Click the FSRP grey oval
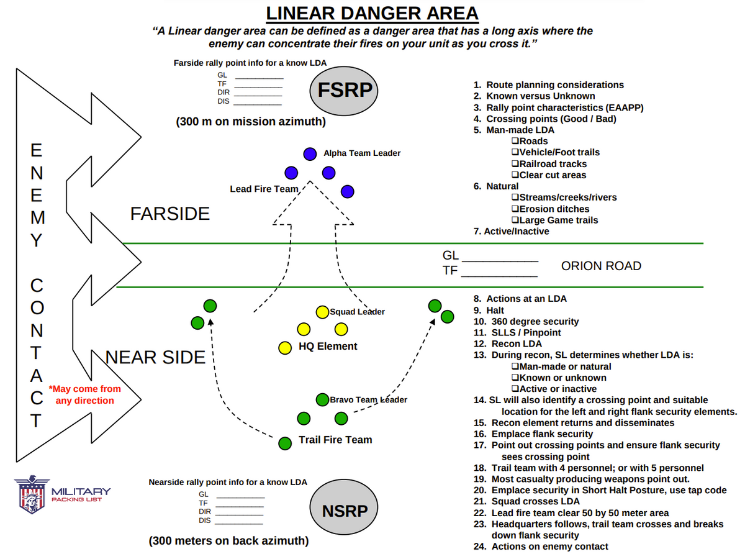point(345,90)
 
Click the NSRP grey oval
point(345,511)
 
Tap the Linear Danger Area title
point(372,13)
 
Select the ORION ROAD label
point(601,266)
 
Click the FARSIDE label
point(169,214)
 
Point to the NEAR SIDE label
point(156,357)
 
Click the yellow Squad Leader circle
point(322,311)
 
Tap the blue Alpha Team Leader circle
point(309,153)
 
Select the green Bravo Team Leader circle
point(322,399)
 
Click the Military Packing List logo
point(62,495)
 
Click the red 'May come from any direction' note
point(85,394)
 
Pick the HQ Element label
point(328,347)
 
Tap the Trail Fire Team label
point(335,440)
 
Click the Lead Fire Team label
point(264,189)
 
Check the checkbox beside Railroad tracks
point(515,164)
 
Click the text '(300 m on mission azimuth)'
point(251,122)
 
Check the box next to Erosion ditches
point(515,209)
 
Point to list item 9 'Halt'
point(489,310)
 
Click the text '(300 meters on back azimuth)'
point(228,541)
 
